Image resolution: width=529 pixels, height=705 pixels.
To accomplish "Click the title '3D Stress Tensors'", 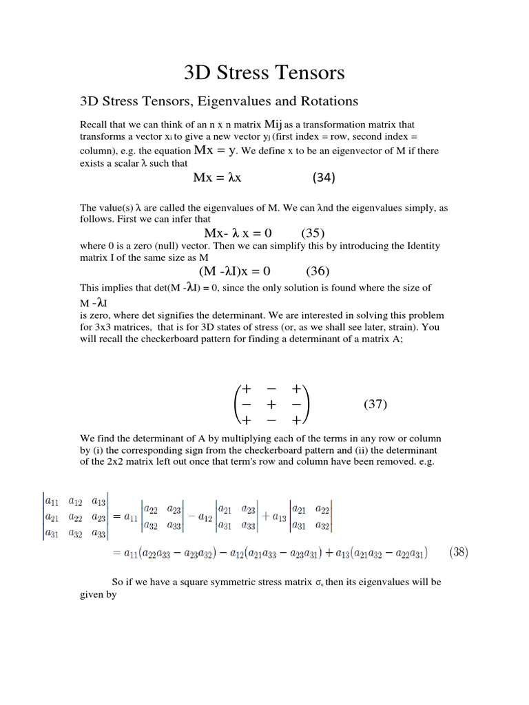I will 264,72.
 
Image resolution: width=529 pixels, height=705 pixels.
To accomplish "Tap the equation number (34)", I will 324,178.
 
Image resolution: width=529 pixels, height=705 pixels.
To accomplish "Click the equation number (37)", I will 375,405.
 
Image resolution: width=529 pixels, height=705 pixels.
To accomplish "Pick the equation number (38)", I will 459,552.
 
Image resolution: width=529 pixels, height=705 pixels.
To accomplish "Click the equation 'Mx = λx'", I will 217,178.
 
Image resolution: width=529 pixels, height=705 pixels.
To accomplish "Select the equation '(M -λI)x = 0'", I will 234,271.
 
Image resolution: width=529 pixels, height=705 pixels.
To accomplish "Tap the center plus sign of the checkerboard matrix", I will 271,405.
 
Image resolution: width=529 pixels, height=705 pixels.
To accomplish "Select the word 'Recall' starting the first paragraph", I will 94,125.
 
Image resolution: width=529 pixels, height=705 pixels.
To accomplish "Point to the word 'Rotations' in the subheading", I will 330,101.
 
